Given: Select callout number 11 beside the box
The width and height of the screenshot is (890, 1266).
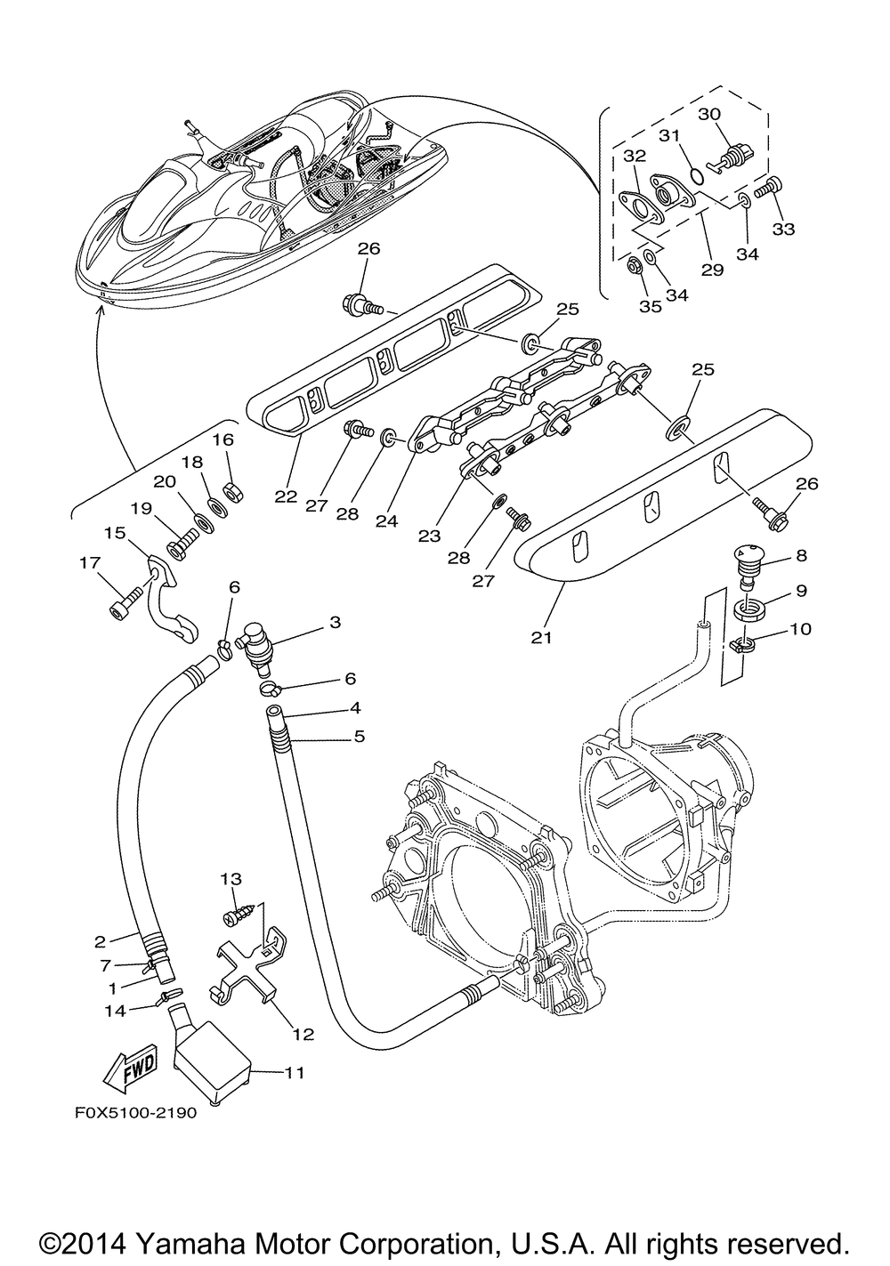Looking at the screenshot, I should (x=294, y=1074).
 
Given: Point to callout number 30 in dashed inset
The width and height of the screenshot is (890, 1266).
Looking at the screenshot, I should (x=709, y=115).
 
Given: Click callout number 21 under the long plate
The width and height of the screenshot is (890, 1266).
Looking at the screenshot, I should (x=543, y=638).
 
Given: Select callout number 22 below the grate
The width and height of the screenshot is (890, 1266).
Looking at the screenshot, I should (x=286, y=496).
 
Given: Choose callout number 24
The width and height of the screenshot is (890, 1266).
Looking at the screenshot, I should (x=386, y=521).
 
